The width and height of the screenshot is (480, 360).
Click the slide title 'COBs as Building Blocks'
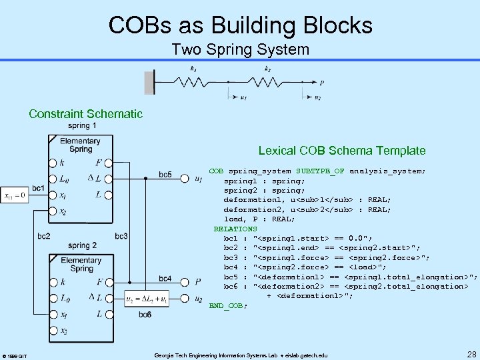240,25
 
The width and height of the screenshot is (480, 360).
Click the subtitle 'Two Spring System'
240,49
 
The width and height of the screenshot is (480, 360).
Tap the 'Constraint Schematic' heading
85,113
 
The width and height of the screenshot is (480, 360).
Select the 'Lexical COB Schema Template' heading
341,151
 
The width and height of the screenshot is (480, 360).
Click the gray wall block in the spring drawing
150,82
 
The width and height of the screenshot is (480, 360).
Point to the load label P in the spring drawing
322,83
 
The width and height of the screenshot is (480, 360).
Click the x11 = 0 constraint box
14,196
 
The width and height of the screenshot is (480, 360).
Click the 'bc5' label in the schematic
165,175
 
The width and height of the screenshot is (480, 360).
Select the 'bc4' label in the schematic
165,277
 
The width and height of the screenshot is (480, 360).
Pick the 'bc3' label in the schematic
121,236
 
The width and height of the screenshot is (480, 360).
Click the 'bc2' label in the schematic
43,236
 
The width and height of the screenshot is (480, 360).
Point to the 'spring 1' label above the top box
82,126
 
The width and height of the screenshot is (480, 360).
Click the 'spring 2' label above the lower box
82,245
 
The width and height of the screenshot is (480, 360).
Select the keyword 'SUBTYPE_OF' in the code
320,171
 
